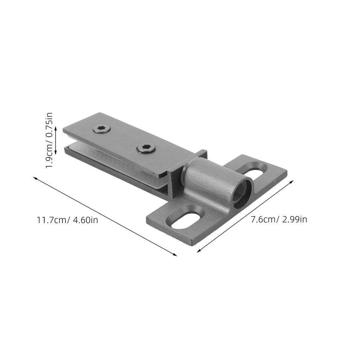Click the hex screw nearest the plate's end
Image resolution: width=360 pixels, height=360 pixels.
102,129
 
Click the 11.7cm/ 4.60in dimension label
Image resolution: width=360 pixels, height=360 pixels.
67,220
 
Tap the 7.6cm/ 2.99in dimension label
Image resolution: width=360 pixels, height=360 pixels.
279,220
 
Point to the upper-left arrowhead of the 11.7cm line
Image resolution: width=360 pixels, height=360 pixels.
35,178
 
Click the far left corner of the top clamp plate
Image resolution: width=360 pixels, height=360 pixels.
64,130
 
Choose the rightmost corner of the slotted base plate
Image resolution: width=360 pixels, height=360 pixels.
286,172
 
